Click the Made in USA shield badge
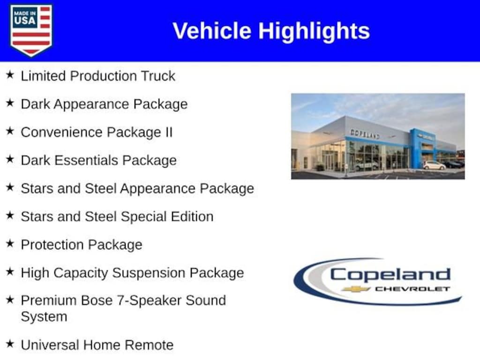point(31,30)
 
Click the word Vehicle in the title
point(212,31)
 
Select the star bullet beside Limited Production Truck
point(10,75)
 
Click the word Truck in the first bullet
point(158,76)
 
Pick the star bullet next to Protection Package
point(10,243)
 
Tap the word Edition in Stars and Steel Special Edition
point(192,217)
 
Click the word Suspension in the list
point(149,273)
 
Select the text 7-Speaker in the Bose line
point(149,301)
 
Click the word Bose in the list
point(97,300)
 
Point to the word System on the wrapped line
point(44,317)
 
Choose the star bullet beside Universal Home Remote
point(10,344)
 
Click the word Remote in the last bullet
point(149,345)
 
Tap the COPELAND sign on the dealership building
point(365,134)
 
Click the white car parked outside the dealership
point(435,165)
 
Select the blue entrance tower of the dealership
point(423,149)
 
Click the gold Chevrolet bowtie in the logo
point(356,289)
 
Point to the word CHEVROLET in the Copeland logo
point(412,289)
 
